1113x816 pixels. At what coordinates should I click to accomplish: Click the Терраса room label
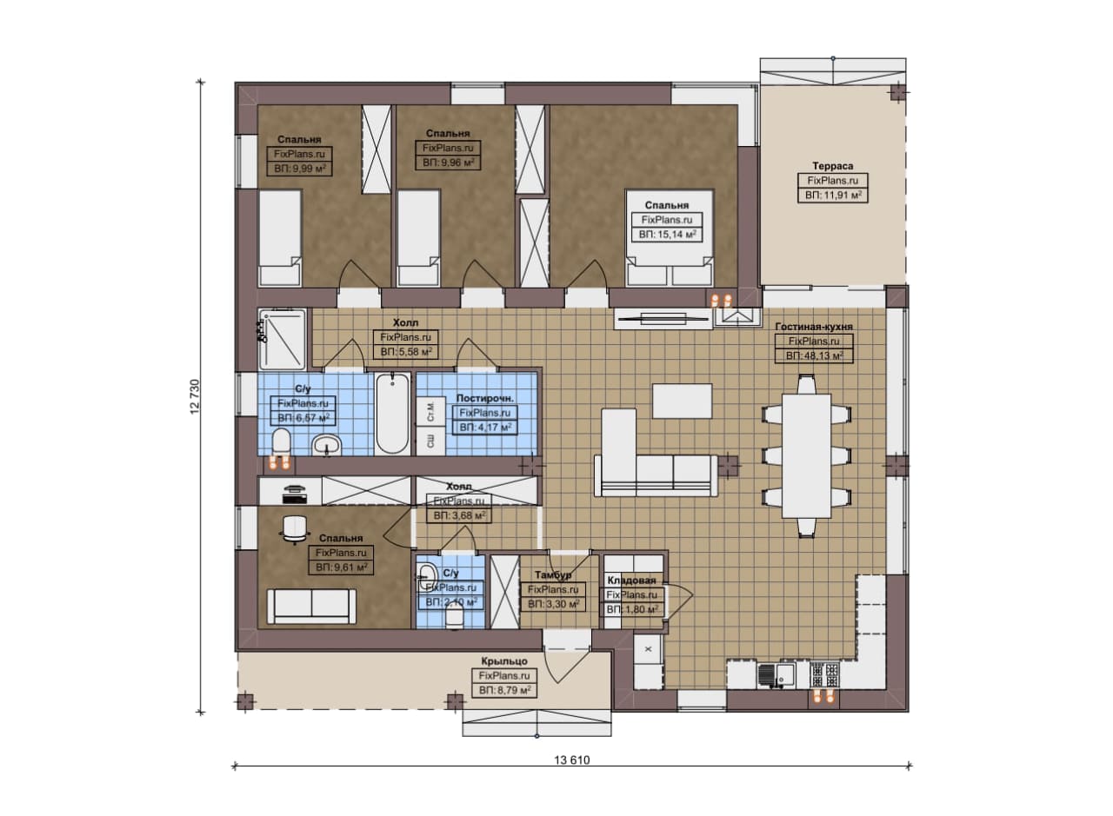(833, 166)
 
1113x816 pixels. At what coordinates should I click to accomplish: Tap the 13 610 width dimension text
(572, 760)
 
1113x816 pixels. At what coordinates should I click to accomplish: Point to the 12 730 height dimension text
(194, 396)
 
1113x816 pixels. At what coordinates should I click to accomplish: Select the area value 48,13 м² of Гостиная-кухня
(815, 356)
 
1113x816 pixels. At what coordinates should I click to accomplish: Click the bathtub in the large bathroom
(392, 414)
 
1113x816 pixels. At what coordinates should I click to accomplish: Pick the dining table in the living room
(806, 456)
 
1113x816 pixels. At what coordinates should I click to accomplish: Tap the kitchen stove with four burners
(824, 675)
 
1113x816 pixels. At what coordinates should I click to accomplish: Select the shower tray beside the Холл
(283, 340)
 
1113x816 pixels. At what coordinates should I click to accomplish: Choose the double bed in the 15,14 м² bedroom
(669, 237)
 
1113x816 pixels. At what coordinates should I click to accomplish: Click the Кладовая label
(631, 580)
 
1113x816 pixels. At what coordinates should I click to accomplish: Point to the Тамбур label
(552, 574)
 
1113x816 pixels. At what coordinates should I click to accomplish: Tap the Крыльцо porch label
(503, 661)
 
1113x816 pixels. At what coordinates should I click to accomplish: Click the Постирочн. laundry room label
(484, 398)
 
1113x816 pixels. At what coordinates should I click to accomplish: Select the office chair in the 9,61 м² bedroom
(294, 529)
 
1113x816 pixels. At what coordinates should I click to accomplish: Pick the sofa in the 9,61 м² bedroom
(311, 607)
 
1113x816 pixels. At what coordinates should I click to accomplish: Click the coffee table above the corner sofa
(682, 401)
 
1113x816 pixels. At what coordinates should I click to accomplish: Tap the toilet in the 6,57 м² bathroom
(281, 442)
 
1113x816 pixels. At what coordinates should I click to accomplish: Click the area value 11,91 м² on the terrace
(833, 196)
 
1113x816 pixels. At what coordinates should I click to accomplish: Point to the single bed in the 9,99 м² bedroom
(280, 238)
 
